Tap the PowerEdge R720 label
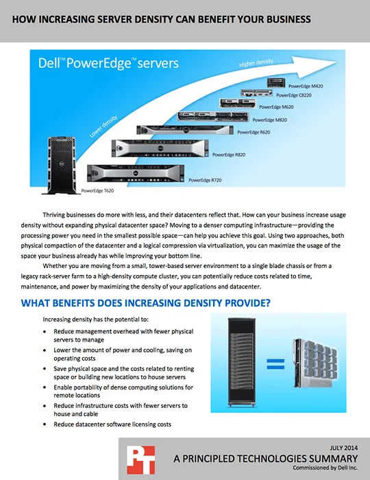205,180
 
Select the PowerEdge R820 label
229,154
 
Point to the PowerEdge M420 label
306,86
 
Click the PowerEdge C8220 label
294,95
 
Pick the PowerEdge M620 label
276,107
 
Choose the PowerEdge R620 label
254,132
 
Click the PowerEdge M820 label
270,120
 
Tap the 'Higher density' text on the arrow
256,63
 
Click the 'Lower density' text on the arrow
103,126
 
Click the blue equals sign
275,364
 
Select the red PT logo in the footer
141,460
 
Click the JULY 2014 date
344,448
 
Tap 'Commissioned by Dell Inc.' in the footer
325,468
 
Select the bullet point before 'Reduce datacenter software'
45,424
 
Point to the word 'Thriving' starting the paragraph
54,215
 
